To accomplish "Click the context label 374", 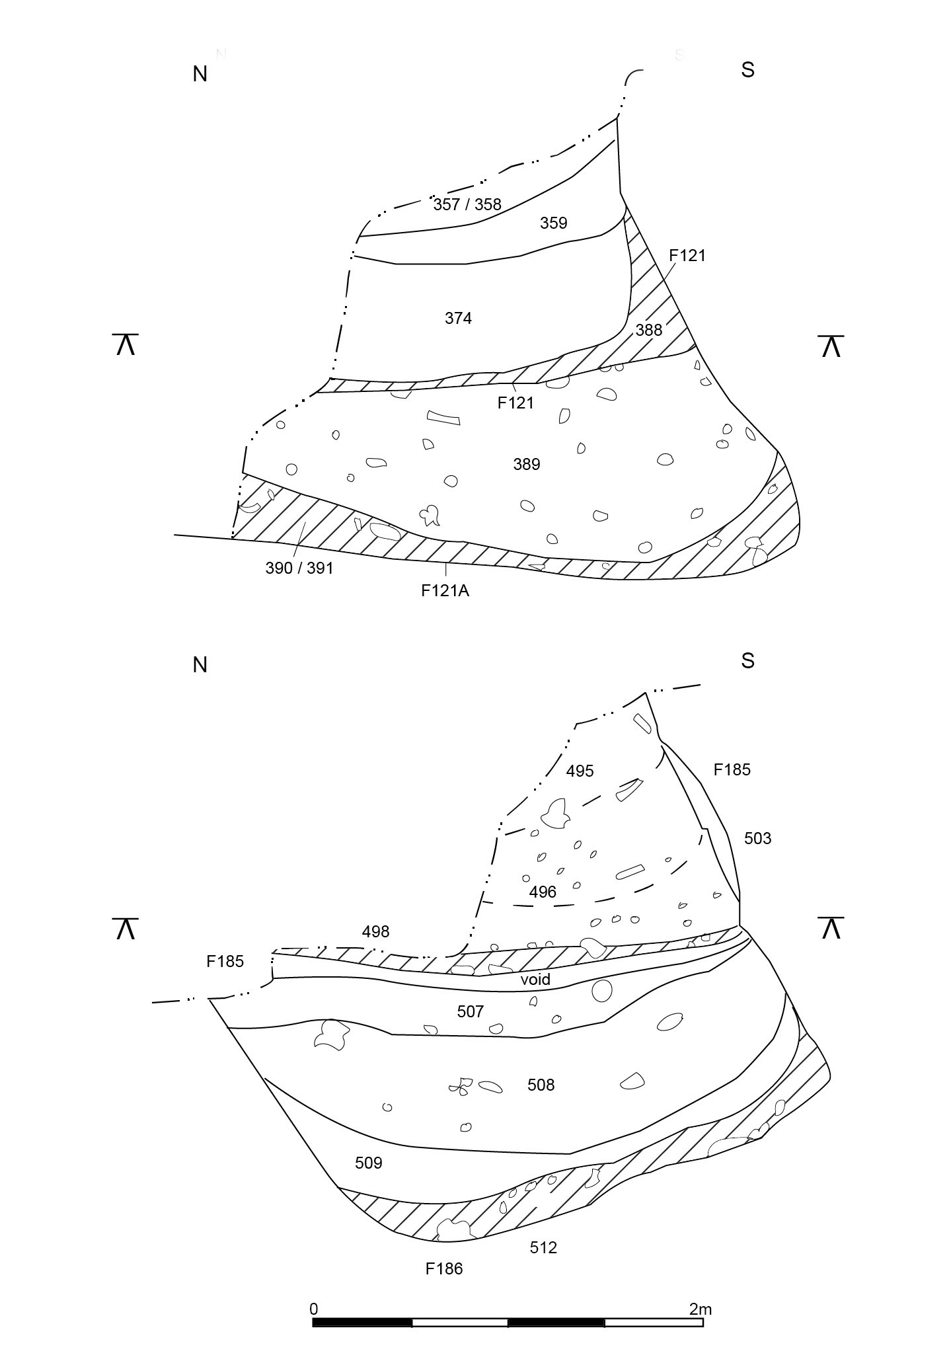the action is [458, 319].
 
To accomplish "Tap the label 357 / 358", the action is [467, 204].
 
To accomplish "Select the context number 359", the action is [553, 223].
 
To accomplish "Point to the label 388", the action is [648, 330].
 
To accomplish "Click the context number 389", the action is [527, 465].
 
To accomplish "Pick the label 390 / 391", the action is [299, 568].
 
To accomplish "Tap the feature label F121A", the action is [445, 591].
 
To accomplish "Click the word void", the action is [535, 979].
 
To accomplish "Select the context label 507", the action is [471, 1011].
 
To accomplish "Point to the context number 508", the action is [541, 1085].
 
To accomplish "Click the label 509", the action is [369, 1163].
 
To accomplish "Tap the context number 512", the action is [543, 1247].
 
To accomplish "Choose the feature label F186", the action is [444, 1268].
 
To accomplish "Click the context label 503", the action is [757, 838].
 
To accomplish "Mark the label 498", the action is [375, 932].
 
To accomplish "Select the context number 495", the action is [580, 771].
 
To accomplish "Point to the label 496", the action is [543, 892].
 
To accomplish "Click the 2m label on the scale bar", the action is [700, 1309].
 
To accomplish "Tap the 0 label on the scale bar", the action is [313, 1309].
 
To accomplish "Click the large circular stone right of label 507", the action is [601, 990].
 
